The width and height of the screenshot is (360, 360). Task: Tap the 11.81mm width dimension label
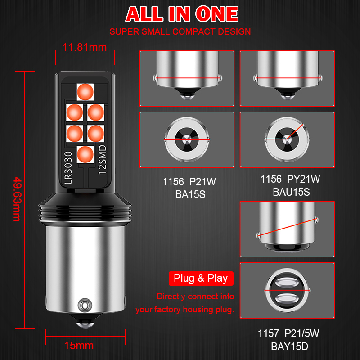pos(85,46)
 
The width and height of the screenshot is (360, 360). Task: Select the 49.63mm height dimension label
pos(17,199)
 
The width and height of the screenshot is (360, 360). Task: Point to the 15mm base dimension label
pos(79,346)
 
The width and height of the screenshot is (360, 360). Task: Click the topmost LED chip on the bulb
pos(84,91)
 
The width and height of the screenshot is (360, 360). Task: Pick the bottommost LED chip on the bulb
pos(84,154)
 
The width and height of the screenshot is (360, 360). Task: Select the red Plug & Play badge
pos(201,279)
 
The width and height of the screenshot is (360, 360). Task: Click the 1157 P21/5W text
pos(288,334)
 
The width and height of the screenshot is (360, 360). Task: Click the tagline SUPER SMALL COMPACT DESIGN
pos(180,32)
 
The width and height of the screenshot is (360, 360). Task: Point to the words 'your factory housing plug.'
pos(184,310)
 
